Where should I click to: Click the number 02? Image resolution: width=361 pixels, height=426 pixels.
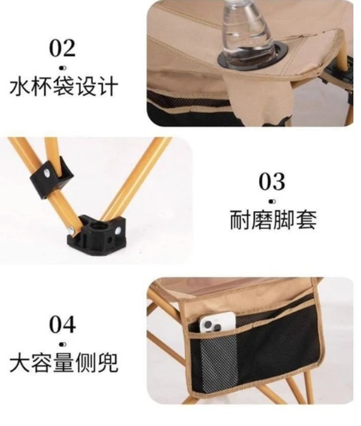tap(62, 48)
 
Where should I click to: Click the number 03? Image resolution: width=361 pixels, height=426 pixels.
tap(272, 181)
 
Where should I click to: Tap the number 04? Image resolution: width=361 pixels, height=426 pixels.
tap(62, 324)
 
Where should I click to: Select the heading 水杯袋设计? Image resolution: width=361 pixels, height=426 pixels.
tap(64, 87)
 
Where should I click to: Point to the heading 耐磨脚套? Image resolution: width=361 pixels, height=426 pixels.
tap(273, 219)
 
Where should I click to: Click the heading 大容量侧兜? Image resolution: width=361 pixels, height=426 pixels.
tap(64, 362)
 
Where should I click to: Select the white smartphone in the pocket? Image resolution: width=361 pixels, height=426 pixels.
tap(217, 322)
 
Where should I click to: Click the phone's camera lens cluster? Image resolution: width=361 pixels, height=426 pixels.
tap(212, 326)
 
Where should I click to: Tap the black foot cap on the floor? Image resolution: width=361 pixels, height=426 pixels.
tap(97, 234)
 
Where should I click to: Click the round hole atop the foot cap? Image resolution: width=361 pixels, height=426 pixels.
tap(97, 226)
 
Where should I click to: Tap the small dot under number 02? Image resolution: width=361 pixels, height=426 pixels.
tap(63, 68)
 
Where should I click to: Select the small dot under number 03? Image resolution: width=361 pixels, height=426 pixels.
tap(272, 202)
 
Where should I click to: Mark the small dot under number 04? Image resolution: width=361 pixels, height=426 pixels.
tap(63, 344)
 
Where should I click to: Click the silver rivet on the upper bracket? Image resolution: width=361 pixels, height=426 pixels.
tap(48, 173)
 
